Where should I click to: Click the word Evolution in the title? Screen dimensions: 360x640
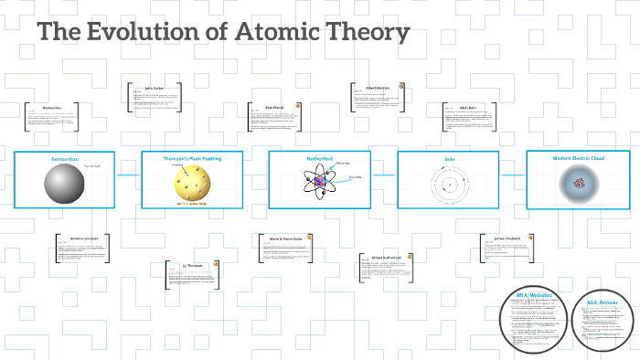(140, 32)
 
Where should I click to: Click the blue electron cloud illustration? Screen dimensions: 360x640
(578, 185)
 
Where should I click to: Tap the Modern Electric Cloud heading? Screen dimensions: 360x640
(578, 158)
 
